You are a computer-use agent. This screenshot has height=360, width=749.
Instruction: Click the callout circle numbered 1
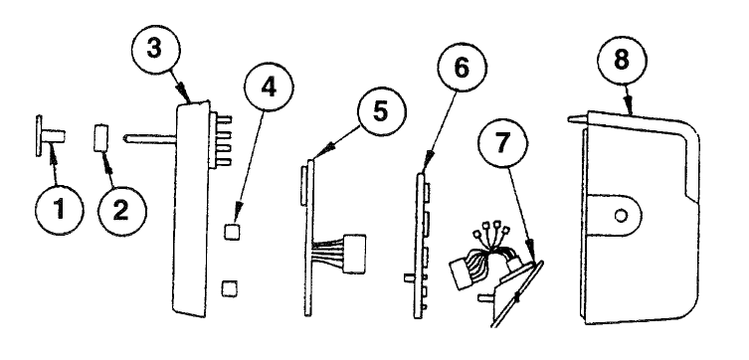(60, 210)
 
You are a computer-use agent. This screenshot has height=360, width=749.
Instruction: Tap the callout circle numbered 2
(122, 211)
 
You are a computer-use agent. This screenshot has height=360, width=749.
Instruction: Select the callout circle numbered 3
(156, 50)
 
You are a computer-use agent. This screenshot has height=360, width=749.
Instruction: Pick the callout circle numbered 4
(269, 87)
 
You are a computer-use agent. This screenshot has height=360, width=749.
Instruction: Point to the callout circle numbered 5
(382, 111)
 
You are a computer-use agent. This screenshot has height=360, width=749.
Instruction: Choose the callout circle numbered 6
(462, 68)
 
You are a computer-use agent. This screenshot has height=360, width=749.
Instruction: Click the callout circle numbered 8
(622, 62)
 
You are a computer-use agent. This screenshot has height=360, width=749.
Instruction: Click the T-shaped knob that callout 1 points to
(50, 135)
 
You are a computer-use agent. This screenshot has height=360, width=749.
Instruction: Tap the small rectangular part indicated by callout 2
(101, 138)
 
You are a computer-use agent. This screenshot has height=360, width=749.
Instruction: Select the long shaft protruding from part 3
(150, 139)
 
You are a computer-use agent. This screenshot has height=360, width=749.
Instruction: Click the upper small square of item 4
(231, 232)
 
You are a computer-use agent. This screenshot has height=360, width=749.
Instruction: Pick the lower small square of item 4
(230, 288)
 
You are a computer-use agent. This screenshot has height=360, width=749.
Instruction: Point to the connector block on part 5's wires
(354, 254)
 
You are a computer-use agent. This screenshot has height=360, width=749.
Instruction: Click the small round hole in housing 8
(621, 216)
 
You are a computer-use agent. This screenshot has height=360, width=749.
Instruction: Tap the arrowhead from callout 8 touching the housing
(630, 108)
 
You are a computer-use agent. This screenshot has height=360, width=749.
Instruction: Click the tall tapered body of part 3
(190, 209)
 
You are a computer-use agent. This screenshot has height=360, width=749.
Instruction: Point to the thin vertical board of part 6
(420, 247)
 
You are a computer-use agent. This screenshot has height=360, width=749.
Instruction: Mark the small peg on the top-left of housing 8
(577, 118)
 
